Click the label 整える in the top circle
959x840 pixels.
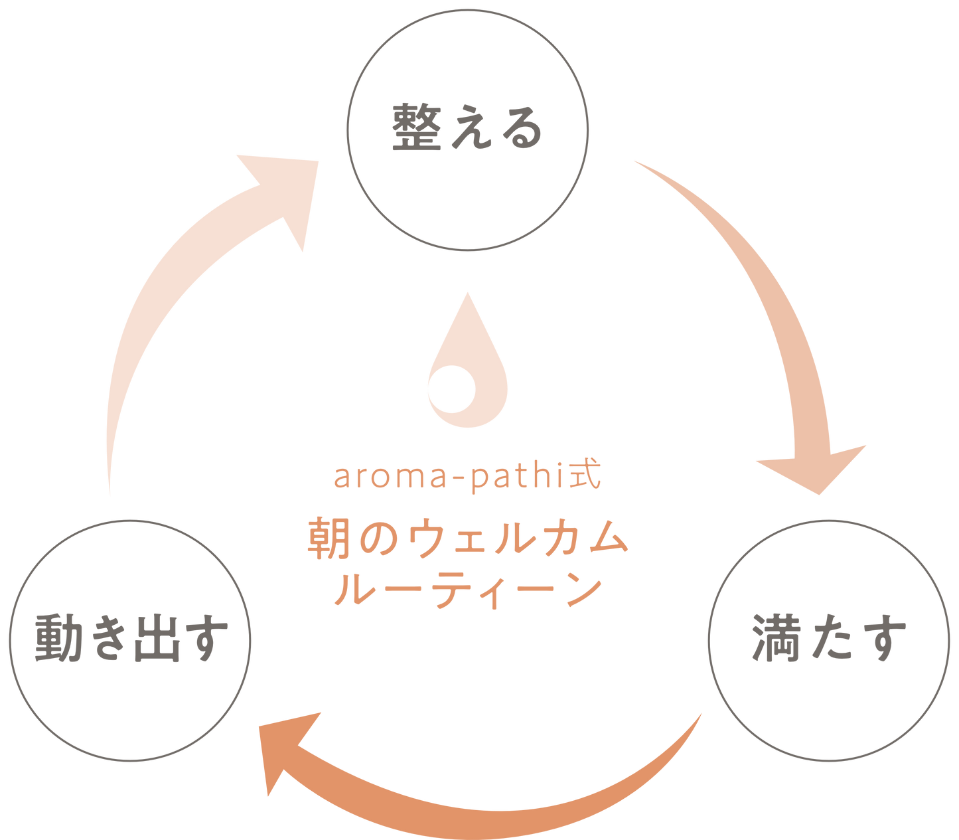pyautogui.click(x=467, y=127)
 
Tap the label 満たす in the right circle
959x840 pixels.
pyautogui.click(x=829, y=638)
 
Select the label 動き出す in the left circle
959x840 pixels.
pyautogui.click(x=131, y=639)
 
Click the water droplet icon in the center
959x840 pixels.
pyautogui.click(x=467, y=372)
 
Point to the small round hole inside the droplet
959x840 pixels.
pyautogui.click(x=451, y=388)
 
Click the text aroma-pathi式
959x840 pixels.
pyautogui.click(x=467, y=477)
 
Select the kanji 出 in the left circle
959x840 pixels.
pyautogui.click(x=157, y=639)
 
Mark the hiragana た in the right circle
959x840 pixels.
pyautogui.click(x=830, y=638)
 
